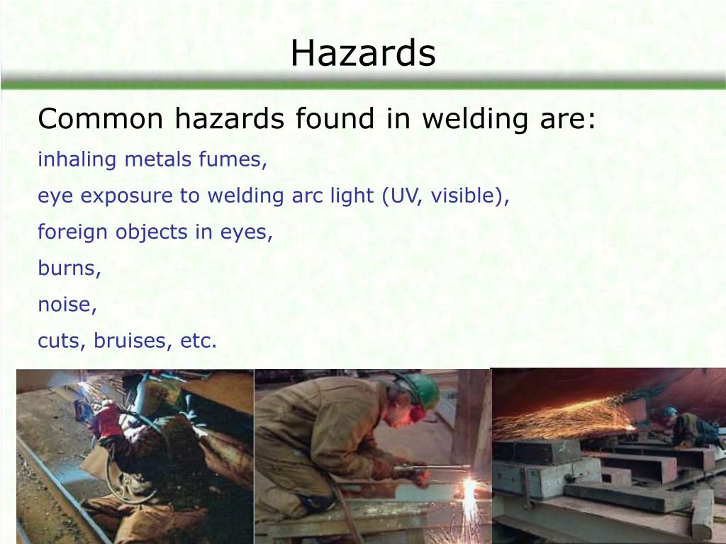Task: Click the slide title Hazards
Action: [x=362, y=54]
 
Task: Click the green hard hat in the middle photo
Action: [x=423, y=390]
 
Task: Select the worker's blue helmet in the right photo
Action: [x=670, y=412]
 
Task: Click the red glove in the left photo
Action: [x=107, y=418]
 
